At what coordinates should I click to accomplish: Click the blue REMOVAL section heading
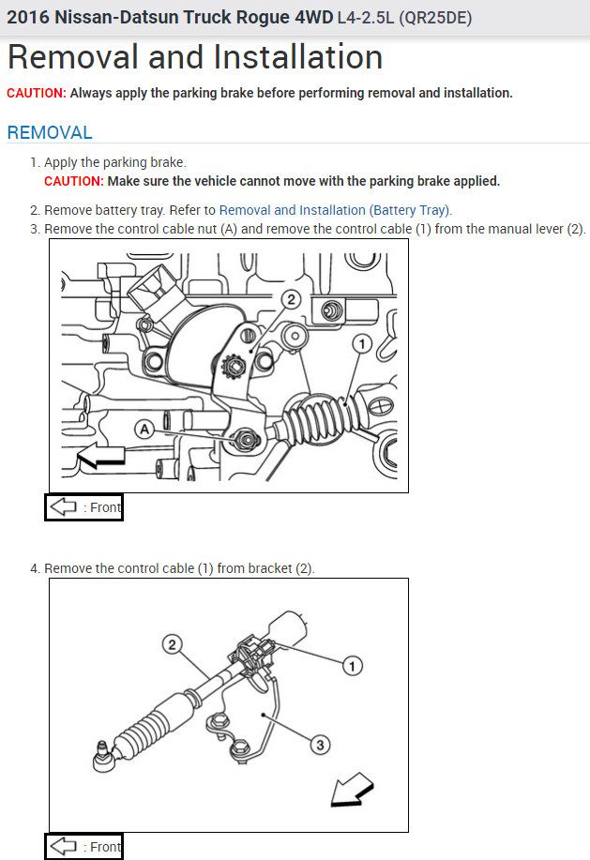point(50,133)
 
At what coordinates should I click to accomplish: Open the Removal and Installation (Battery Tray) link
point(335,210)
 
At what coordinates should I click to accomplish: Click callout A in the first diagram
point(144,429)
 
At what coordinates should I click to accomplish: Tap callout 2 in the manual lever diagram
point(291,299)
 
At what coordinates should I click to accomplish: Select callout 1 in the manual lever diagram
point(361,344)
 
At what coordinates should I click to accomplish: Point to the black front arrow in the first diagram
point(102,455)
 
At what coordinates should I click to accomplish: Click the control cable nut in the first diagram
point(246,439)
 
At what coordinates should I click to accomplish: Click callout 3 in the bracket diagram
point(320,745)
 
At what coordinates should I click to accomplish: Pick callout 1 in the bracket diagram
point(352,666)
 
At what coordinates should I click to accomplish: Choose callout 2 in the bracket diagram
point(173,644)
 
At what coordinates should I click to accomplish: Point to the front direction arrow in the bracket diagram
point(352,791)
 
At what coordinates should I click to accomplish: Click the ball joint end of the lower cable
point(102,758)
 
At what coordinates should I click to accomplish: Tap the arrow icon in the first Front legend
point(63,506)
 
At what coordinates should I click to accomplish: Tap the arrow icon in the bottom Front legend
point(63,846)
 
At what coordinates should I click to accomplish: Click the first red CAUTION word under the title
point(37,93)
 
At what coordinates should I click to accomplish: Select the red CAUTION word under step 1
point(74,181)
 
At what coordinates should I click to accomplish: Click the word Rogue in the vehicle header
point(264,18)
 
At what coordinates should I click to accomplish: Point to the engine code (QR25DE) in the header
point(435,18)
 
